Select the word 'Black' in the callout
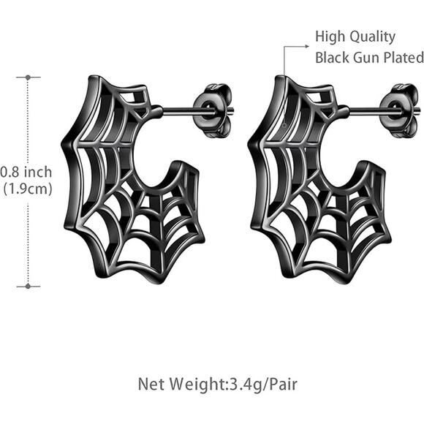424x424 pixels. coord(331,58)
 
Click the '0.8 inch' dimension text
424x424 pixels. coord(26,173)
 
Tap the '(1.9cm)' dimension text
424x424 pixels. coord(28,189)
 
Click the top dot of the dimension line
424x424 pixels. coord(29,77)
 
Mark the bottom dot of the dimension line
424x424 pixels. coord(29,286)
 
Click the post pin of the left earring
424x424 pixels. coord(179,112)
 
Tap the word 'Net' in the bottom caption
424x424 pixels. coord(150,383)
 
